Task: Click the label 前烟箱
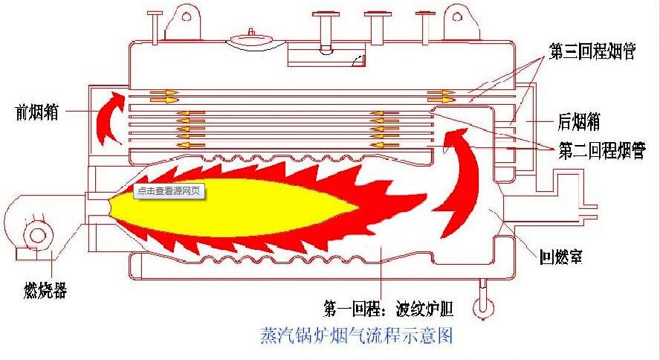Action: click(x=36, y=112)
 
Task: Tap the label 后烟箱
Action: click(x=579, y=122)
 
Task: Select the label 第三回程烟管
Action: click(x=592, y=51)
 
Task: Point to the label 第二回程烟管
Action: click(x=602, y=150)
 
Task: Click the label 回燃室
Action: click(x=561, y=256)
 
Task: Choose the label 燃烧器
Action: click(x=45, y=290)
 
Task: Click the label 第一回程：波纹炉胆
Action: click(x=389, y=309)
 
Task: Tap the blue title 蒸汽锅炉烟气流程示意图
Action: click(x=357, y=335)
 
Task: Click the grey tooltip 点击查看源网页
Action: click(x=169, y=190)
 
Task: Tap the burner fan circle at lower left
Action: click(x=37, y=235)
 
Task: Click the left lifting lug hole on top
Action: click(x=186, y=17)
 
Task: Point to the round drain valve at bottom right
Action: click(x=483, y=308)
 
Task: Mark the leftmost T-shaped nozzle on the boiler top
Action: click(x=155, y=28)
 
